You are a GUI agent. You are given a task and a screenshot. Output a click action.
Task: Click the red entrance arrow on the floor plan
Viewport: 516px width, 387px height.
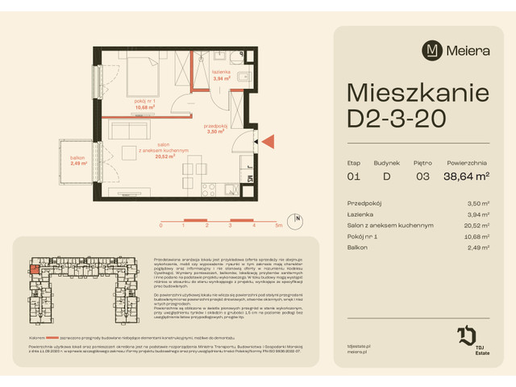(x=268, y=141)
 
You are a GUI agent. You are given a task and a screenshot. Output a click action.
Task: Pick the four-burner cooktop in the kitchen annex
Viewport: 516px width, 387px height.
(x=206, y=192)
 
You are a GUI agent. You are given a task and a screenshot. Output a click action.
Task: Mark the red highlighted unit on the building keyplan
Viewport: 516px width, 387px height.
(x=35, y=273)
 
